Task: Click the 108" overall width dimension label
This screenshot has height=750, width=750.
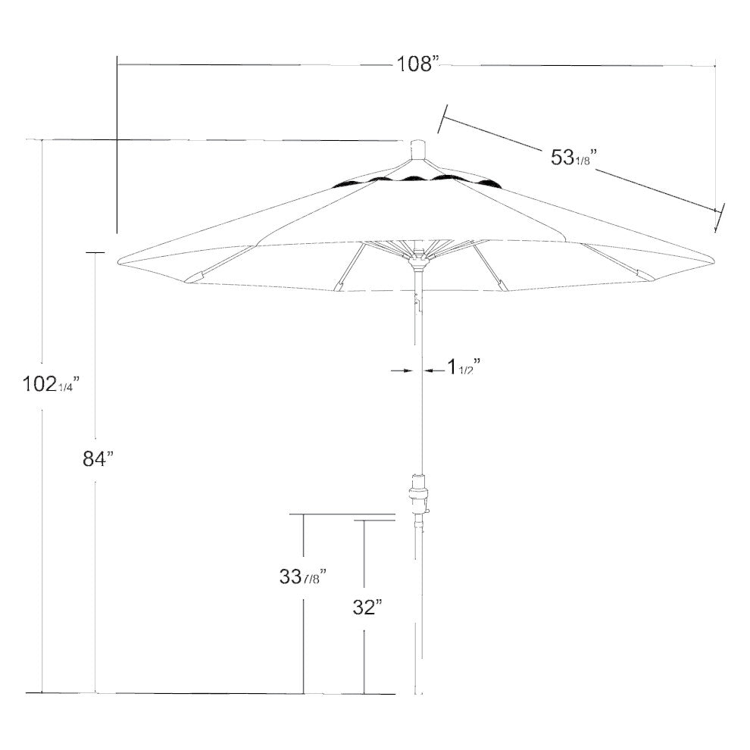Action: [x=418, y=64]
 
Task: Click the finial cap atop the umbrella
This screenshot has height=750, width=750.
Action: [x=417, y=149]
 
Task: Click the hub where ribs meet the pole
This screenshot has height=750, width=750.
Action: [x=417, y=261]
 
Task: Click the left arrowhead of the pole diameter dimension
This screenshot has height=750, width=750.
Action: [x=408, y=370]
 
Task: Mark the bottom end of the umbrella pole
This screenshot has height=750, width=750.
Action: [x=417, y=692]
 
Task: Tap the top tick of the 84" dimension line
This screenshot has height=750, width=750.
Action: [x=95, y=252]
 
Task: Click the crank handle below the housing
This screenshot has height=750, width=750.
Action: [x=425, y=516]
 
